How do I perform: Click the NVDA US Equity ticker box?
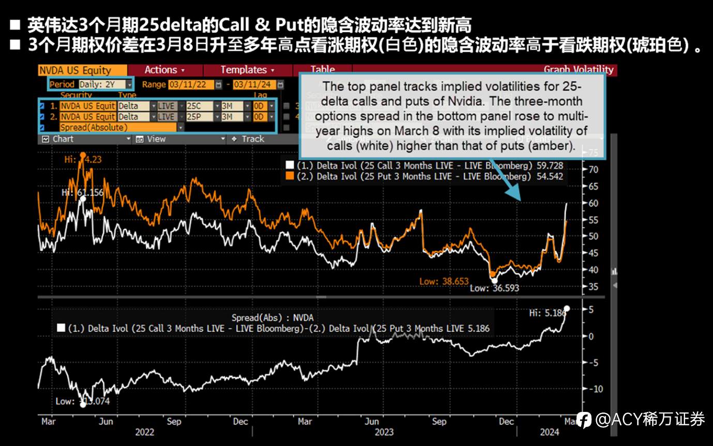(82, 70)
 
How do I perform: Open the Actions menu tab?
(164, 70)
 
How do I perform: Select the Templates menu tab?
(247, 70)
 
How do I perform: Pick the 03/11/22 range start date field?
(191, 84)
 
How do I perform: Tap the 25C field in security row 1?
(199, 106)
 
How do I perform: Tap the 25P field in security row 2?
(199, 117)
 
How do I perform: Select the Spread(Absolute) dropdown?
(121, 127)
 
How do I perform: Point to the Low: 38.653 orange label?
(444, 282)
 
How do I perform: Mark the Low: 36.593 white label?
(494, 288)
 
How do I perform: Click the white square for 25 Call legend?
(290, 166)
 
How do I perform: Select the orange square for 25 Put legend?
(290, 176)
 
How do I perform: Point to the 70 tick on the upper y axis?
(593, 170)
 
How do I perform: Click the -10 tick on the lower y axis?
(594, 389)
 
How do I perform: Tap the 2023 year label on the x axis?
(383, 432)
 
